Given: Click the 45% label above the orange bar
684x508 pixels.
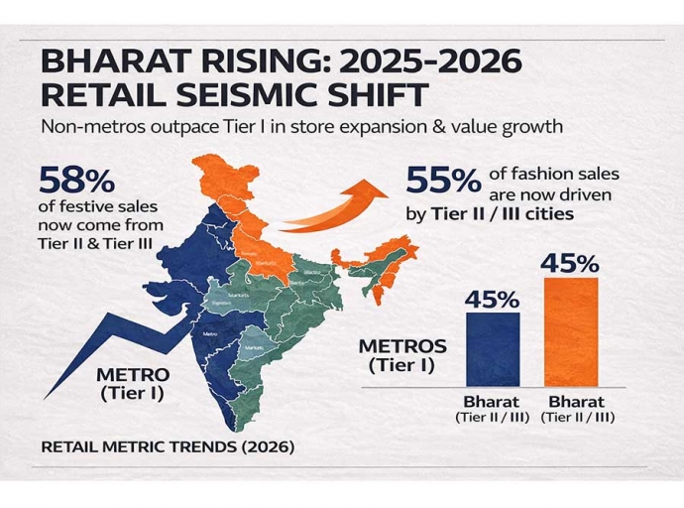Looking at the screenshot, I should point(570,263).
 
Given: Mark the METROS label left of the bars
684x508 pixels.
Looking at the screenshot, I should point(402,347).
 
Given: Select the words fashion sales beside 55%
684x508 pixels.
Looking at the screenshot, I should point(559,173).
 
